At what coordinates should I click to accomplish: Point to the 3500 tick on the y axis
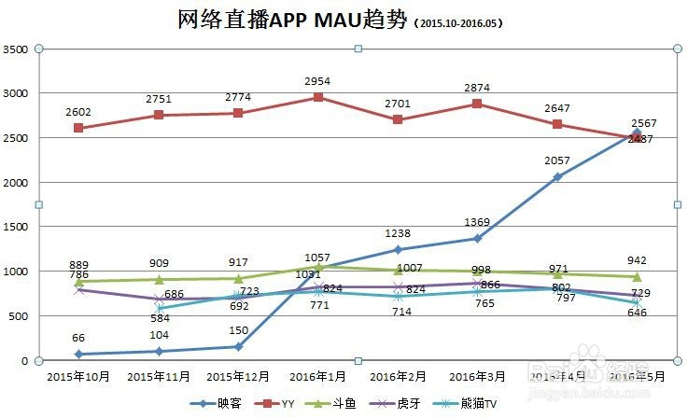pyautogui.click(x=15, y=49)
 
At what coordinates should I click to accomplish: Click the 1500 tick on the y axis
pyautogui.click(x=15, y=227)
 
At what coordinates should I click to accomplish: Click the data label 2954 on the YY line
pyautogui.click(x=319, y=82)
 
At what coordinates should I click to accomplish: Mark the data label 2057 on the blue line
pyautogui.click(x=557, y=161)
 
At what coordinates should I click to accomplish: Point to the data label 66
pyautogui.click(x=79, y=338)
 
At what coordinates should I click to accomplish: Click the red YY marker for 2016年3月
pyautogui.click(x=478, y=104)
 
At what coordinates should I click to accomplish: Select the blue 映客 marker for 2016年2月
pyautogui.click(x=399, y=250)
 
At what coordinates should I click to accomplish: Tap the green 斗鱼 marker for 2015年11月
pyautogui.click(x=160, y=279)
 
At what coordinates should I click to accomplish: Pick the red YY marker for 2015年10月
pyautogui.click(x=79, y=128)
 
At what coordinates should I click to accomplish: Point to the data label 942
pyautogui.click(x=637, y=260)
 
